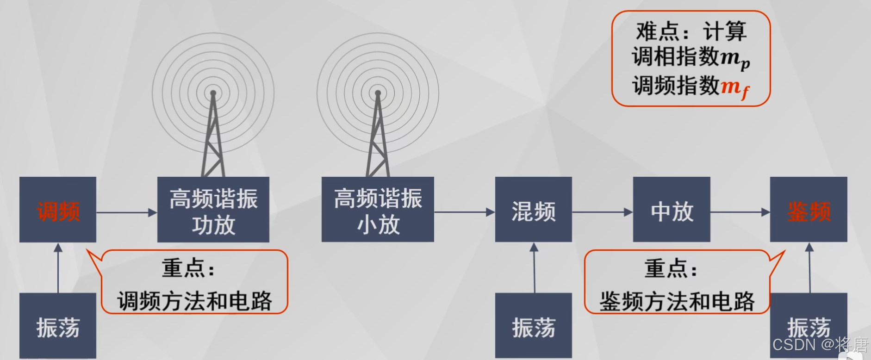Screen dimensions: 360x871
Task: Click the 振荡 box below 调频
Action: (58, 326)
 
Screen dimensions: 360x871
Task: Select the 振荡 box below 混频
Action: (533, 326)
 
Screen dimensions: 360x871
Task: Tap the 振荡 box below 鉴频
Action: (809, 326)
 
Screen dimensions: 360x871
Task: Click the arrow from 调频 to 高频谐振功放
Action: (126, 212)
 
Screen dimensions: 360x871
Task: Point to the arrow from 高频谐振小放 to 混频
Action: (464, 212)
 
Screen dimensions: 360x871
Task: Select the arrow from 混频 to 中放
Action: (602, 212)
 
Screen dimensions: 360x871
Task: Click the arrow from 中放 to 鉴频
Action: (740, 212)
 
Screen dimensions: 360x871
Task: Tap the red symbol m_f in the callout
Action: (735, 87)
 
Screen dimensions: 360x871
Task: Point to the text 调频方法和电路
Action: (194, 301)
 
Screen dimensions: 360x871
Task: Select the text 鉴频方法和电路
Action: (677, 301)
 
